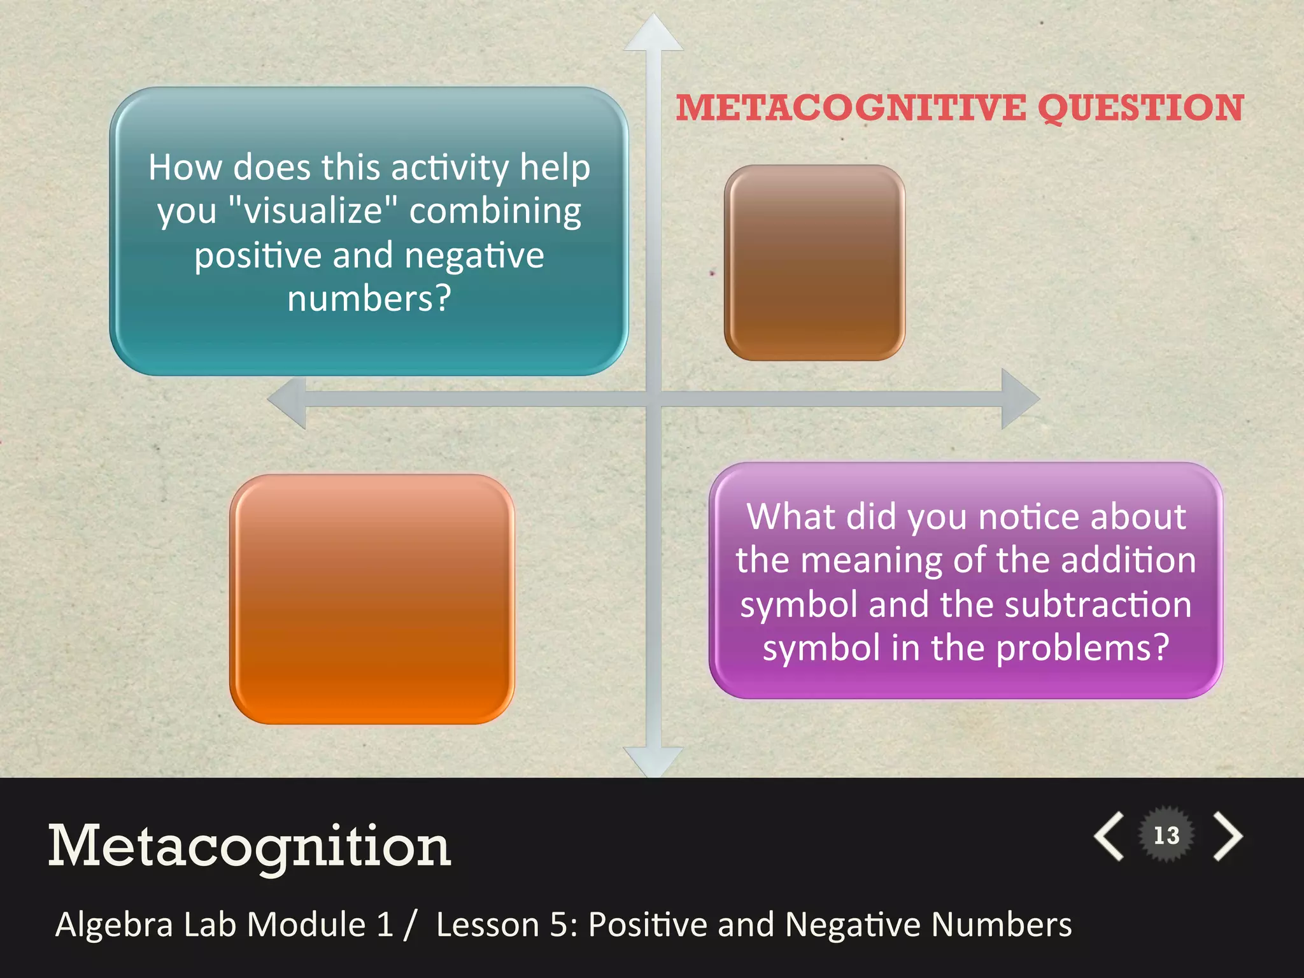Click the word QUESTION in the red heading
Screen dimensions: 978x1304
[1140, 108]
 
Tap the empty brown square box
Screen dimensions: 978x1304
[814, 262]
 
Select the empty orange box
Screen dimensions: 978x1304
[372, 599]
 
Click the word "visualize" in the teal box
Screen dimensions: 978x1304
[312, 211]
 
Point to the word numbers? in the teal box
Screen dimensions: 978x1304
[369, 298]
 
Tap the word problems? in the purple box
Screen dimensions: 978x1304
[1082, 648]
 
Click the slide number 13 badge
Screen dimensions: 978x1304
[1166, 835]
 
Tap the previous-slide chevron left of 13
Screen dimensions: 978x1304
[1109, 836]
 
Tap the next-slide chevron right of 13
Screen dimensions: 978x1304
[1228, 836]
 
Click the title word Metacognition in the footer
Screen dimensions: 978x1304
[250, 846]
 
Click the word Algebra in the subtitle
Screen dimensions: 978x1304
[115, 925]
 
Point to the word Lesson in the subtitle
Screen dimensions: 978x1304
[488, 925]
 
